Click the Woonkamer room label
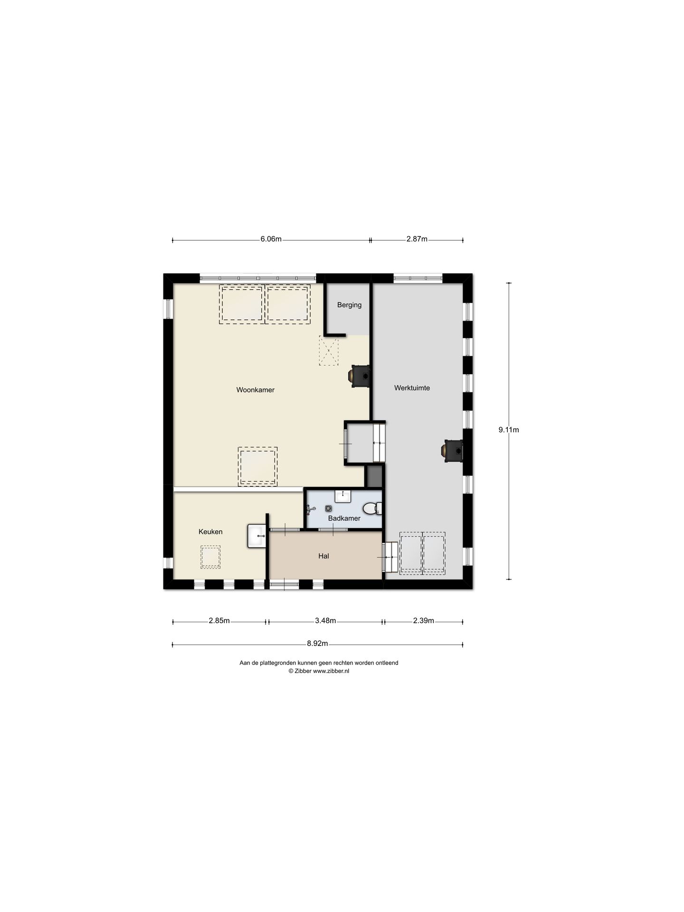(255, 390)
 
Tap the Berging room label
(349, 305)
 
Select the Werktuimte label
(412, 388)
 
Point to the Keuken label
(210, 532)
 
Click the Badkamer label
(344, 518)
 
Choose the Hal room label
(323, 556)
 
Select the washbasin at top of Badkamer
(342, 496)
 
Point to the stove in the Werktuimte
(454, 450)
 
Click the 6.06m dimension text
(271, 239)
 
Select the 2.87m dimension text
(417, 239)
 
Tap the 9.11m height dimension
(508, 430)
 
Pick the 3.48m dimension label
(325, 620)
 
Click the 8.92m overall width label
(317, 644)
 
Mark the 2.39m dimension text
(423, 620)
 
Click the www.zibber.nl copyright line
(319, 671)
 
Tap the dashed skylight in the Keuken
(210, 557)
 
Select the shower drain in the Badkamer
(328, 508)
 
